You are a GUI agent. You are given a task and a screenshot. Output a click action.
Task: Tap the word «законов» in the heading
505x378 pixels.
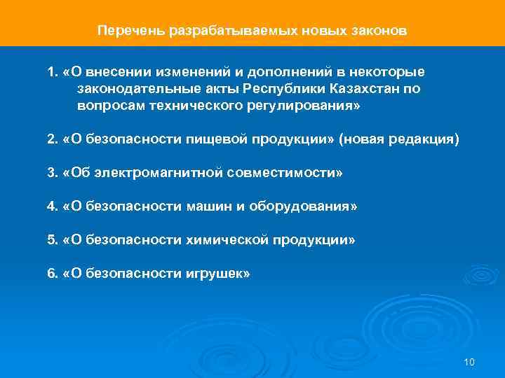pos(378,31)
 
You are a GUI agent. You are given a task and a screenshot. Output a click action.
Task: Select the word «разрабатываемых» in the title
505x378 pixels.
pos(210,31)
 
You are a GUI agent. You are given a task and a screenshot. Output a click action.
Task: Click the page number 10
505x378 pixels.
pos(469,362)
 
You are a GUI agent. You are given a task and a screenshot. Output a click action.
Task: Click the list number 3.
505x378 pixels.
pos(52,174)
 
